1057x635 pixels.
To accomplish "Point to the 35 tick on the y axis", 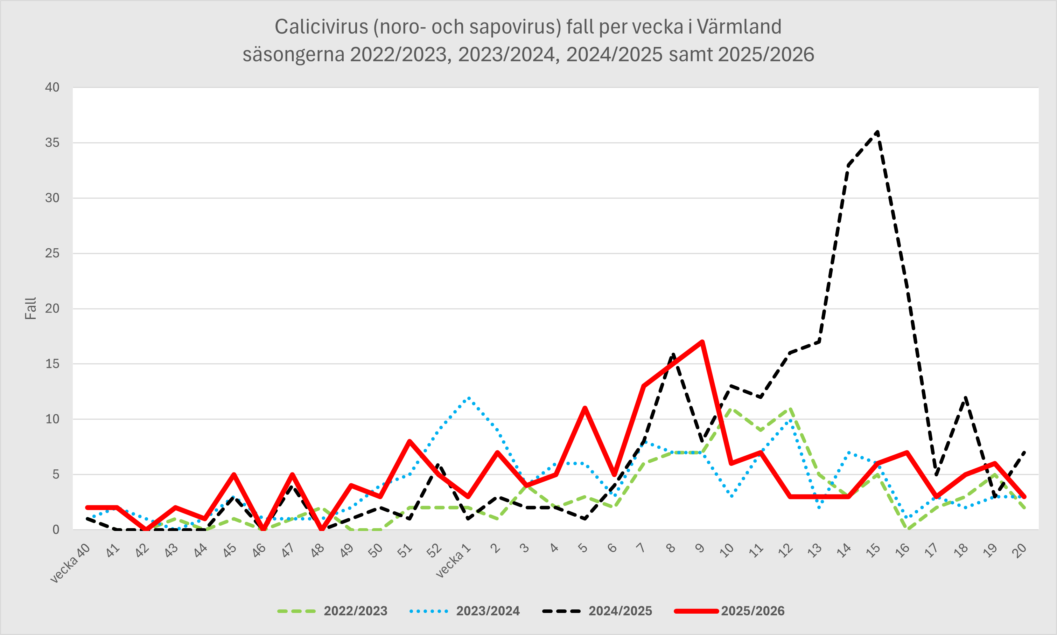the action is [52, 143].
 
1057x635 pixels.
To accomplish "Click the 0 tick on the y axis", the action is [56, 530].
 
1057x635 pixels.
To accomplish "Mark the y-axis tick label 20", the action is [52, 309].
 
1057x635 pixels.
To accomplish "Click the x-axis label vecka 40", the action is [70, 563].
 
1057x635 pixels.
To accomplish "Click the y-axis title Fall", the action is [31, 309].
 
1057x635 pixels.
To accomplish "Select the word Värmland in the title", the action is [739, 27].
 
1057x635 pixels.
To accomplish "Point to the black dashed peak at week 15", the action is [877, 132].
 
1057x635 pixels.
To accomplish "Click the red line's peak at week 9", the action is [702, 342].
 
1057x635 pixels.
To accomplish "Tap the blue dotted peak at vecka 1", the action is [469, 397].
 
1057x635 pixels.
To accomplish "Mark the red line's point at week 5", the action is [584, 408].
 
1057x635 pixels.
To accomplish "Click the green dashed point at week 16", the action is [906, 529].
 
